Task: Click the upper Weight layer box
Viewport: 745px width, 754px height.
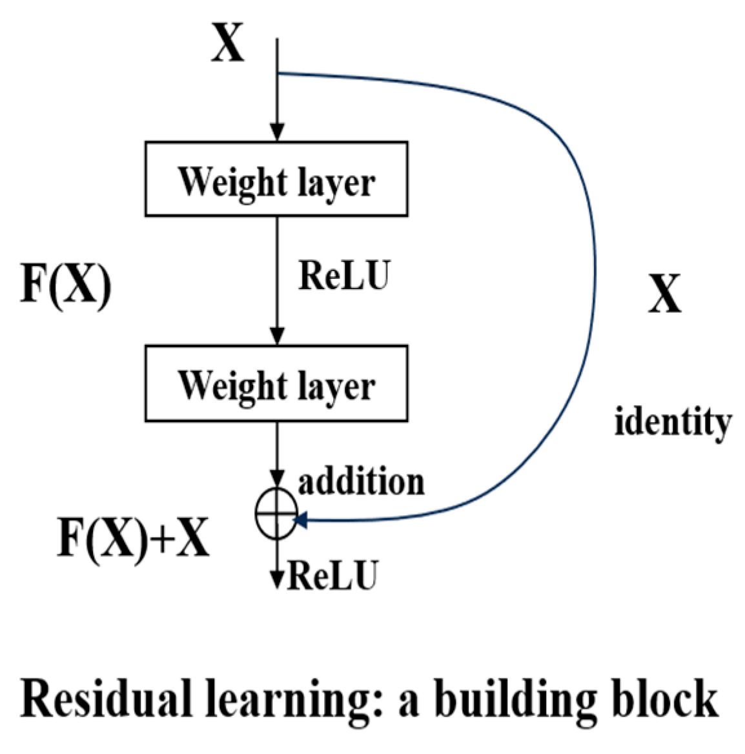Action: tap(276, 179)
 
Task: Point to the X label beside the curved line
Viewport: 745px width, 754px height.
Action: tap(664, 294)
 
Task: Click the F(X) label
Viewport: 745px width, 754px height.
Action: tap(66, 284)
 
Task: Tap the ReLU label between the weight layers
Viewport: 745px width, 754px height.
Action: tap(344, 276)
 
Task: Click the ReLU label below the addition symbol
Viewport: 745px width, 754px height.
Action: tap(331, 575)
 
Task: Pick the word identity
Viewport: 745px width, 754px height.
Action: tap(672, 423)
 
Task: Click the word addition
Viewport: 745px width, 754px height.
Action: tap(361, 482)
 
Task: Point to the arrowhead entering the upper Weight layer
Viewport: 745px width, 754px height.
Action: tap(277, 132)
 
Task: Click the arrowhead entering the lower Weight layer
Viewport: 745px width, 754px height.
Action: tap(277, 336)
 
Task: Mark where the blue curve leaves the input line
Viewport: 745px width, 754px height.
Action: tap(278, 73)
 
